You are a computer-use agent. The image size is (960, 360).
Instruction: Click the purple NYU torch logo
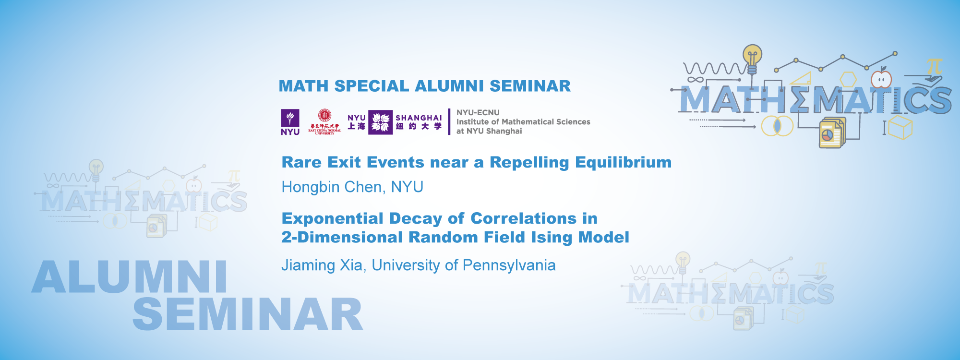pos(290,122)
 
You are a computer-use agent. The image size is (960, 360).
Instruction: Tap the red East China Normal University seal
pos(325,116)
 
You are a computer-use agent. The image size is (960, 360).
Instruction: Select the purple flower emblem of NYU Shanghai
pos(381,122)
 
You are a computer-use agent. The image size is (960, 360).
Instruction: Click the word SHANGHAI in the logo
pos(419,118)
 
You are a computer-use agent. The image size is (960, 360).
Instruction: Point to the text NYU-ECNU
pos(478,112)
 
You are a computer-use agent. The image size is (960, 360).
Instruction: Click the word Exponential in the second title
pos(333,218)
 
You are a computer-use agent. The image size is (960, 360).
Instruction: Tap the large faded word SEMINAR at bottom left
pos(248,314)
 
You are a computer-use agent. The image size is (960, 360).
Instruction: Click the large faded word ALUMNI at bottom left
pos(130,277)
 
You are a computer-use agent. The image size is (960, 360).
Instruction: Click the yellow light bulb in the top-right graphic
pos(752,57)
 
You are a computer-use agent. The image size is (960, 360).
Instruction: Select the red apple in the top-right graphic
pos(881,79)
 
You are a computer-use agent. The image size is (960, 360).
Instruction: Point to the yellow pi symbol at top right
pos(934,66)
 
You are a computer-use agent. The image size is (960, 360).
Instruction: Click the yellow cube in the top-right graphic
pos(900,128)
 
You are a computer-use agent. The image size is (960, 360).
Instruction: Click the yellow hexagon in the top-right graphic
pos(848,79)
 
